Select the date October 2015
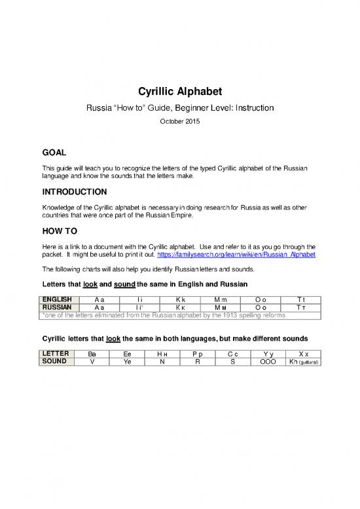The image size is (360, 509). (179, 121)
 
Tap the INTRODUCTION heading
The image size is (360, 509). (74, 192)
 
